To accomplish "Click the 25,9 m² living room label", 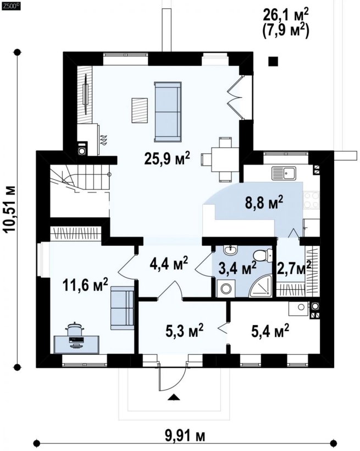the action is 167,158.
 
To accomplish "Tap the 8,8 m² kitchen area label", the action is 264,202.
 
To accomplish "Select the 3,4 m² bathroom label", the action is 237,268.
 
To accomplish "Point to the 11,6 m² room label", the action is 85,285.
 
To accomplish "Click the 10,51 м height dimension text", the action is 10,209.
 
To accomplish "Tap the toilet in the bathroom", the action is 263,255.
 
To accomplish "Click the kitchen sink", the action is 284,173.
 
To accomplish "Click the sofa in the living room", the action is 168,112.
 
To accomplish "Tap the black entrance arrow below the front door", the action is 174,397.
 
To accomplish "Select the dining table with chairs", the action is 221,159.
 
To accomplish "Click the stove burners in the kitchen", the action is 312,200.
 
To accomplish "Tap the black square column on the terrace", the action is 273,62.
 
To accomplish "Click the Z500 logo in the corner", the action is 11,7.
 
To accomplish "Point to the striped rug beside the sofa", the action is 140,111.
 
